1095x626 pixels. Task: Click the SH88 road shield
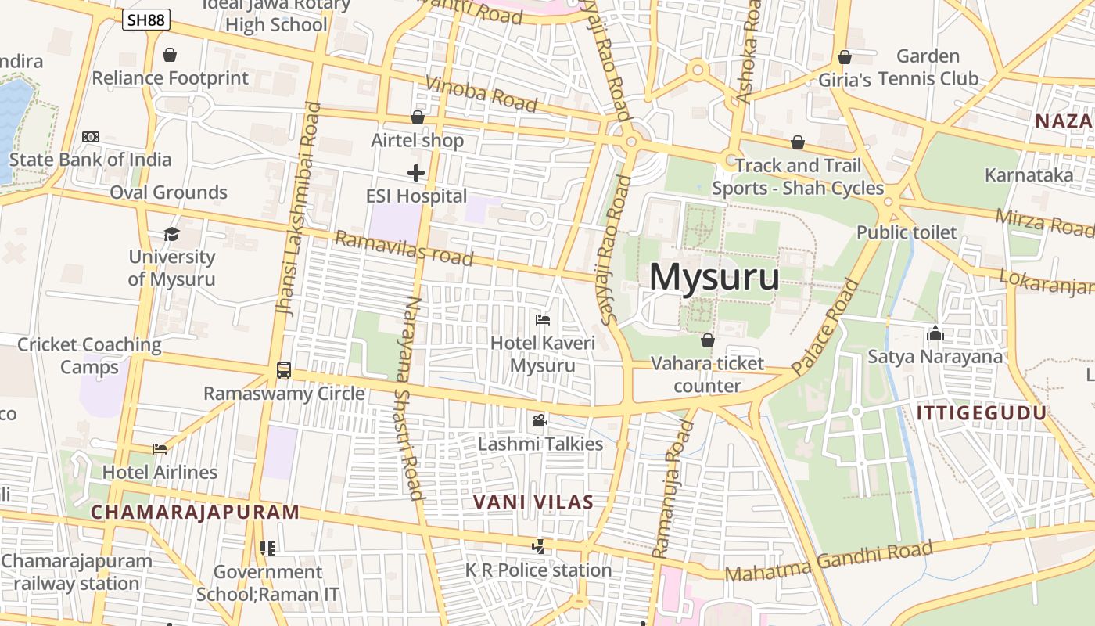tap(146, 20)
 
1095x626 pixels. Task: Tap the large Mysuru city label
tap(714, 277)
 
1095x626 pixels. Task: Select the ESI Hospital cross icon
tap(416, 173)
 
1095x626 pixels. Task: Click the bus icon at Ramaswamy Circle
tap(284, 370)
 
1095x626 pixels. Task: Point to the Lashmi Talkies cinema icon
tap(540, 421)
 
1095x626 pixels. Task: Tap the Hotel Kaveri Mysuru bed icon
tap(543, 319)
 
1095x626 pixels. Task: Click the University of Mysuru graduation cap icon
tap(171, 234)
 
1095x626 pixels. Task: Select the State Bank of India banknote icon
tap(91, 137)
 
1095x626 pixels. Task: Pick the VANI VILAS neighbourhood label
tap(533, 502)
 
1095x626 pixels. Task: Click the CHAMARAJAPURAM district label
tap(195, 513)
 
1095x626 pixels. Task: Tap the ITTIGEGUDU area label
tap(981, 413)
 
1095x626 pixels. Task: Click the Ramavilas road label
tap(404, 247)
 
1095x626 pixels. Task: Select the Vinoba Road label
tap(481, 93)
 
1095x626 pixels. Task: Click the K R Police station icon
tap(538, 547)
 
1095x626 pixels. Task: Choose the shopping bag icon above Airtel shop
tap(418, 117)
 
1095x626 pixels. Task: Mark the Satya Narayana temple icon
tap(935, 334)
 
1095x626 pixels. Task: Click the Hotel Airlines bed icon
tap(160, 449)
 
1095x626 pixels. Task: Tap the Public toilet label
tap(907, 232)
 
